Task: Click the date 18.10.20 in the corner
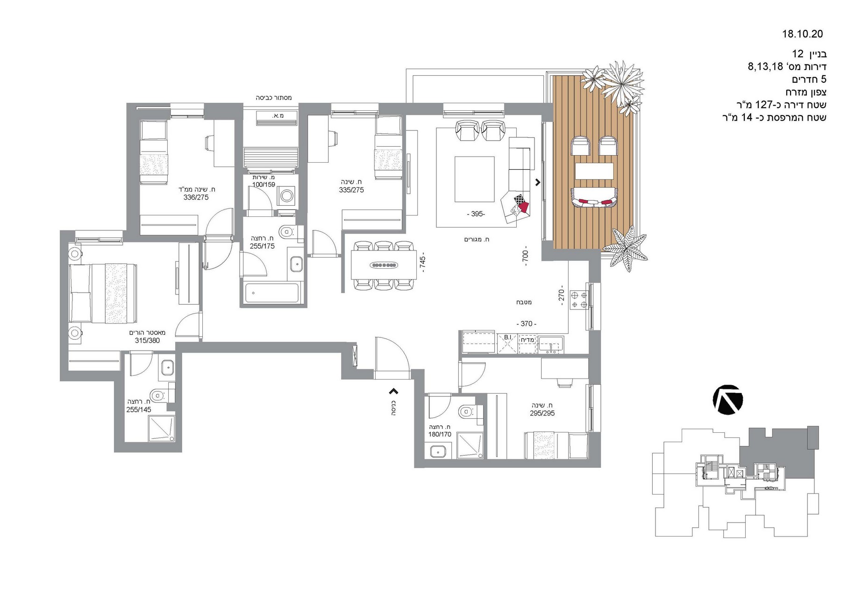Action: click(x=802, y=34)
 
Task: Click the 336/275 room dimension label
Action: click(x=196, y=197)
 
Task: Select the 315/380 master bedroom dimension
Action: click(x=147, y=340)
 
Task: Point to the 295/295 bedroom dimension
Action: click(x=542, y=413)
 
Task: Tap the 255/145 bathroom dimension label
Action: click(x=139, y=409)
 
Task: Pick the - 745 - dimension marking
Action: click(x=422, y=264)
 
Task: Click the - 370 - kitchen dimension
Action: click(x=526, y=323)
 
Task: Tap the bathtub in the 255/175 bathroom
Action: click(x=271, y=293)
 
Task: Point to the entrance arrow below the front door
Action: click(x=394, y=391)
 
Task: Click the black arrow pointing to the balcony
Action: click(x=538, y=182)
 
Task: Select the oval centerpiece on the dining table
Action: click(x=384, y=265)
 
